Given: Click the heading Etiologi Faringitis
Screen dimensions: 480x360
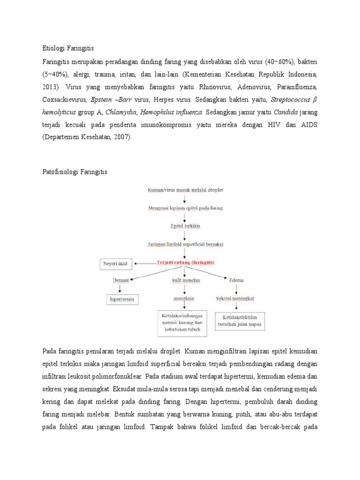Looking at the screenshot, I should [68, 48].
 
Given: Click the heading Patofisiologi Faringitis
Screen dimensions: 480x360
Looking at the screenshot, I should [75, 172].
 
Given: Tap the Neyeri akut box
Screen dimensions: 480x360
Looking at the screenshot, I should [115, 264].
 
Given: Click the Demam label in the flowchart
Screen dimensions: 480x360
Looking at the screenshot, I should [120, 280].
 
